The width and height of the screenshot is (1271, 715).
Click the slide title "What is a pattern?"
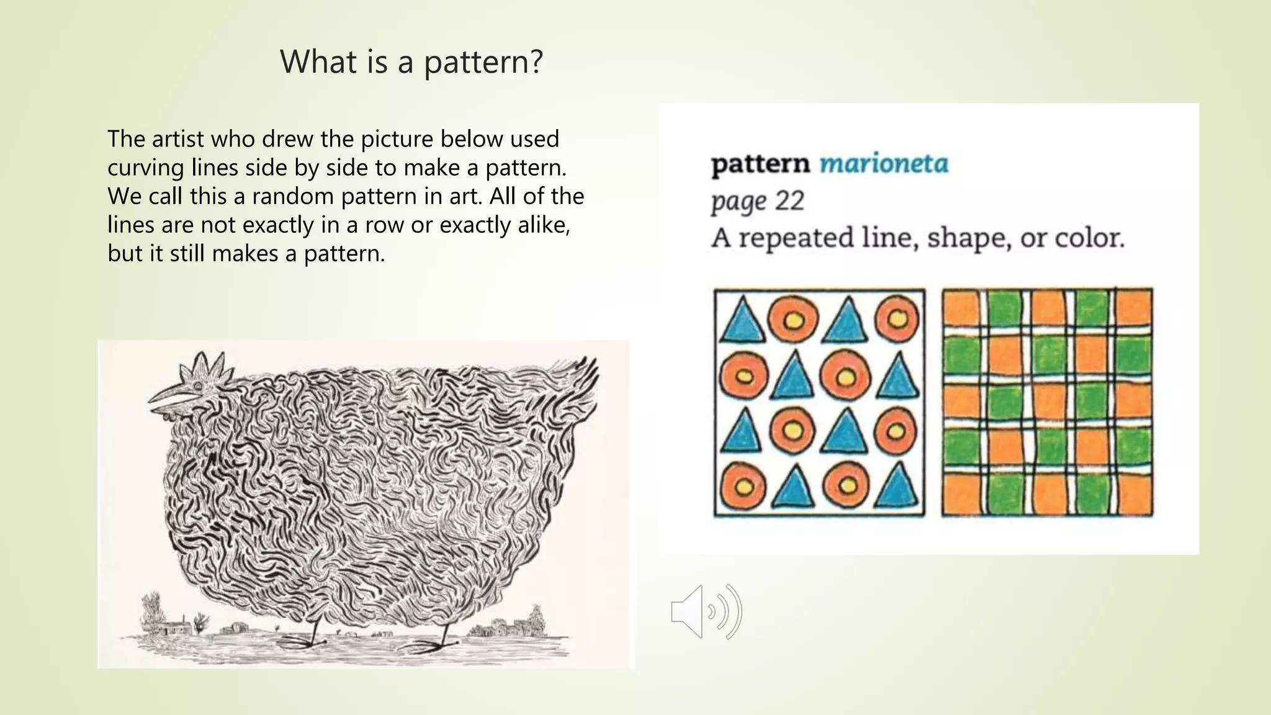point(411,62)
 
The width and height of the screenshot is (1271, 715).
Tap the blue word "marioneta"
point(884,164)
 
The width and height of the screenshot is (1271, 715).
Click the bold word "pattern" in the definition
point(760,164)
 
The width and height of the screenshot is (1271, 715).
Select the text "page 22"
point(757,202)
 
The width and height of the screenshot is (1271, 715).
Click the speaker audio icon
point(706,612)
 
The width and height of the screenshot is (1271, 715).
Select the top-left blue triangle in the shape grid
point(741,320)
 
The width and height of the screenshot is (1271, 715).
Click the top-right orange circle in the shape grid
point(896,319)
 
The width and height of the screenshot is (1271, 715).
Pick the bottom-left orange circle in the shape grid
point(743,486)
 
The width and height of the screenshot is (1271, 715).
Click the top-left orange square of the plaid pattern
point(960,308)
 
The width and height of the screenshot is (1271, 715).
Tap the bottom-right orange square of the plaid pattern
point(1134,495)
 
